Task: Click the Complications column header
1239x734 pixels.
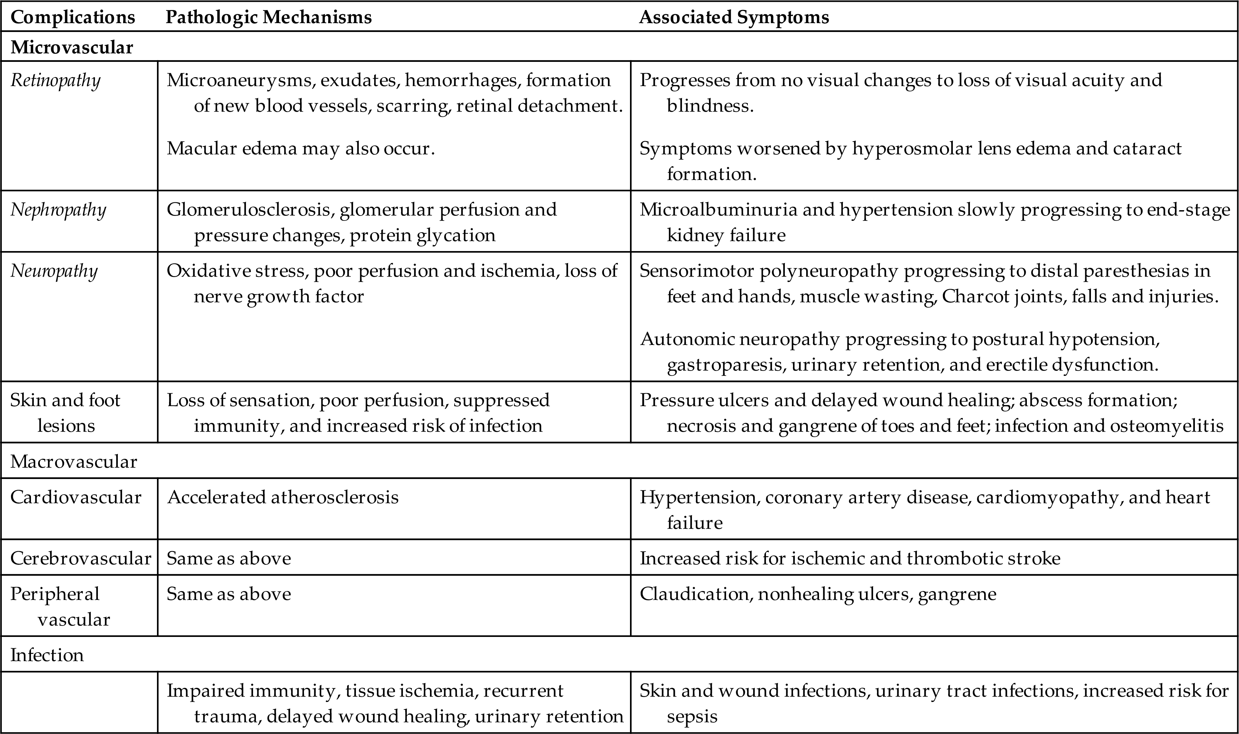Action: click(72, 17)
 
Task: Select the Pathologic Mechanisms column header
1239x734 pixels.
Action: click(268, 17)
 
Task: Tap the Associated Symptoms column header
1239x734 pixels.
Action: click(734, 17)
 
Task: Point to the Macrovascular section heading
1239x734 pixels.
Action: click(74, 462)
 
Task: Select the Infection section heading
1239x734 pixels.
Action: click(47, 655)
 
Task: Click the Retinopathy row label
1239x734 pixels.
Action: click(56, 80)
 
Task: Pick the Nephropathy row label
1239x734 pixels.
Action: click(58, 210)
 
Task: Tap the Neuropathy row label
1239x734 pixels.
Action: click(54, 271)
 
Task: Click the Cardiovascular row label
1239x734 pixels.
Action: click(76, 497)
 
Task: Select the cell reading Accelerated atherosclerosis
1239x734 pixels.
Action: click(283, 497)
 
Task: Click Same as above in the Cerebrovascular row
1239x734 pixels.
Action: click(229, 558)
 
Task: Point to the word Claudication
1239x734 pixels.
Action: click(694, 594)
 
